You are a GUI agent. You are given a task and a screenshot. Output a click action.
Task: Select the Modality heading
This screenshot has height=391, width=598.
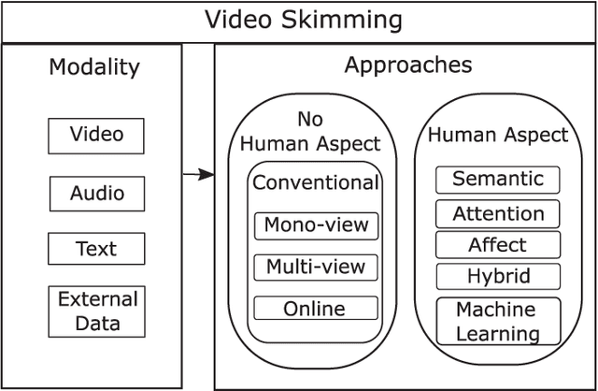(x=94, y=67)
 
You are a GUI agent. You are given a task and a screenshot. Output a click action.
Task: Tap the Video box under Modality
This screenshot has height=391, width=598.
(x=96, y=136)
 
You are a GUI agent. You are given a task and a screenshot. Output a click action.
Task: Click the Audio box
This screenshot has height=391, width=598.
(x=96, y=194)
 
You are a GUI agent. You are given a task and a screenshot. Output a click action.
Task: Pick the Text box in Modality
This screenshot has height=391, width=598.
(x=96, y=249)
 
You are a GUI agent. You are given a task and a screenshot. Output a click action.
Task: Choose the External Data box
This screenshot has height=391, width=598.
(x=97, y=311)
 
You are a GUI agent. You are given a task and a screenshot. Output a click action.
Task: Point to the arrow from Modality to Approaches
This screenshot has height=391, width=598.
(x=198, y=174)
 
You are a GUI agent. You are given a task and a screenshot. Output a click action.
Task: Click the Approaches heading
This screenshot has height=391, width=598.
(x=407, y=65)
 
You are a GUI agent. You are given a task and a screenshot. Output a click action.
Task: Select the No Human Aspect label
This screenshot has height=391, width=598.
(x=312, y=132)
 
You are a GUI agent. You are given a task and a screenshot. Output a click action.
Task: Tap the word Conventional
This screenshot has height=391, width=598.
(x=316, y=182)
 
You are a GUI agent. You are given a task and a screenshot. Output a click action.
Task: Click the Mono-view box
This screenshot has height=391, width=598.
(x=316, y=224)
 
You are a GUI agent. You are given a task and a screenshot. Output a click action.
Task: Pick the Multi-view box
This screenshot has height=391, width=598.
(x=316, y=267)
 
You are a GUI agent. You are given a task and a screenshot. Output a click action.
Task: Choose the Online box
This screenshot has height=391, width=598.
(x=316, y=309)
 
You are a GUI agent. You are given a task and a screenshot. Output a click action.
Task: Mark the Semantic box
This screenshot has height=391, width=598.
(x=498, y=179)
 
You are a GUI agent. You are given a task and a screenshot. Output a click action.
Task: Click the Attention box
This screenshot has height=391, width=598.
(x=498, y=213)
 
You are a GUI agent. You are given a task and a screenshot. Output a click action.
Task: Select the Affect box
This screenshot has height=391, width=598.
(x=498, y=245)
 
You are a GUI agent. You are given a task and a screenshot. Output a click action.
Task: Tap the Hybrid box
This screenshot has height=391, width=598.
(x=498, y=277)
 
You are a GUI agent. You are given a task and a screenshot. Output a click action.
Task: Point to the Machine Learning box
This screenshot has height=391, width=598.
(x=498, y=321)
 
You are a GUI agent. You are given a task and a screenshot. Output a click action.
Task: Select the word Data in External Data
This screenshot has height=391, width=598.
(x=97, y=324)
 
